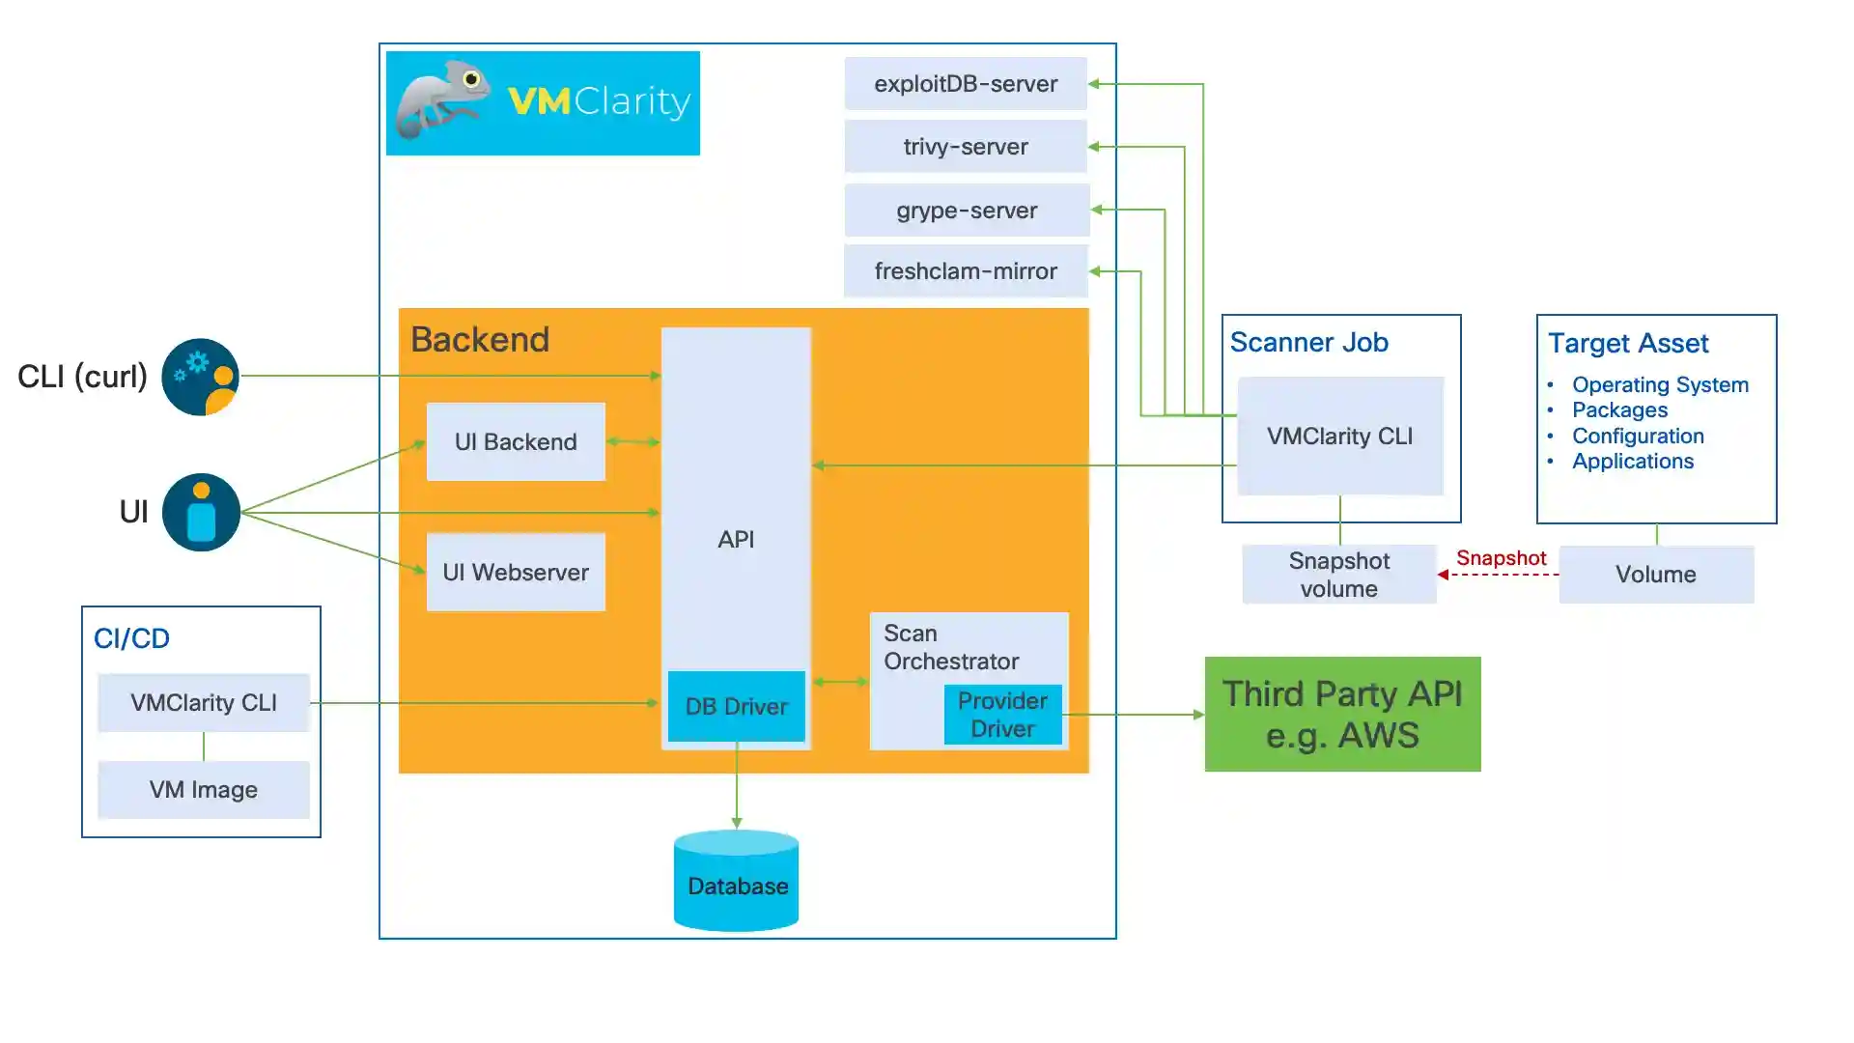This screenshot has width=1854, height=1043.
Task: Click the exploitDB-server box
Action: click(x=965, y=84)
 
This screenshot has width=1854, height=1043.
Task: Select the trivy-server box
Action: click(x=965, y=147)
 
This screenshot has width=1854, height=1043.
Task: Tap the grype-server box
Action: click(x=966, y=211)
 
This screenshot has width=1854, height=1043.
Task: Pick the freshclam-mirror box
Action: click(x=965, y=271)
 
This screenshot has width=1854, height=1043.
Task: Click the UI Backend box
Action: click(x=516, y=442)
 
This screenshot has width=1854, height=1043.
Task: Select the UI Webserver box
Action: click(x=516, y=573)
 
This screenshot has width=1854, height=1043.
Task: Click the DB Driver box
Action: click(x=736, y=707)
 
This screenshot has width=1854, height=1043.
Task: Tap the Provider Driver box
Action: click(x=1002, y=716)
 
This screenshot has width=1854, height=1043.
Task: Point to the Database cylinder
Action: click(x=736, y=884)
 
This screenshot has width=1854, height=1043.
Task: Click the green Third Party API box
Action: click(x=1342, y=715)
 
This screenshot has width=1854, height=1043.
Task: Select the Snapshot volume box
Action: click(x=1338, y=575)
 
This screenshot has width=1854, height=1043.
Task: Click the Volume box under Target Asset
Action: click(x=1655, y=575)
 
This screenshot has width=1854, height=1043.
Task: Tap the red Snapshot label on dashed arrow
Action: click(x=1501, y=558)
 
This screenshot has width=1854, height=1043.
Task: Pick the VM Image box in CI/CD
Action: click(x=203, y=790)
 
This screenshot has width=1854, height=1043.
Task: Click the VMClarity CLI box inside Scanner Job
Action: click(x=1339, y=437)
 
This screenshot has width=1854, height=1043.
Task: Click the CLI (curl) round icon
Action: click(x=201, y=377)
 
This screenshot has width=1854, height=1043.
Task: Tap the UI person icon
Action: click(x=201, y=512)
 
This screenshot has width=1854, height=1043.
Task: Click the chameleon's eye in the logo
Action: click(x=471, y=79)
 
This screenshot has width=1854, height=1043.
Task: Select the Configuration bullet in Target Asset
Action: click(x=1637, y=437)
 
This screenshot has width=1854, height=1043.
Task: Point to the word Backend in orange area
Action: click(x=480, y=340)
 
